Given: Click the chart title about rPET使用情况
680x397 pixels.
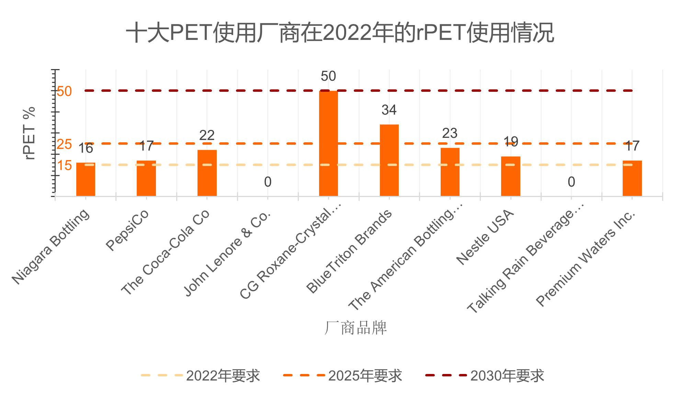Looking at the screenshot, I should coord(340,33).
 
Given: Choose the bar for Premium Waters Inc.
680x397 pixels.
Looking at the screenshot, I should coord(632,178).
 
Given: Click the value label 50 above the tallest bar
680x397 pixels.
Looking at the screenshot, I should coord(328,76).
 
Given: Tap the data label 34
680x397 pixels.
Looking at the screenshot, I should coord(389,110).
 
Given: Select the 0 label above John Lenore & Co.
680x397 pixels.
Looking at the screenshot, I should coord(268,182).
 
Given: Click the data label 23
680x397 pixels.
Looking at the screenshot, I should coord(450,133).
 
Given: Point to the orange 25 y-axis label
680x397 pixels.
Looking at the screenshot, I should coord(64,144).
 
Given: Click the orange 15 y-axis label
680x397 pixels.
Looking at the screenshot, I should coord(64,166).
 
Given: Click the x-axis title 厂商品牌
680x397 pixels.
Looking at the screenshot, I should coord(355,328).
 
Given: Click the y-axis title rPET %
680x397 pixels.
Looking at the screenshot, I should coord(30,133).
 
